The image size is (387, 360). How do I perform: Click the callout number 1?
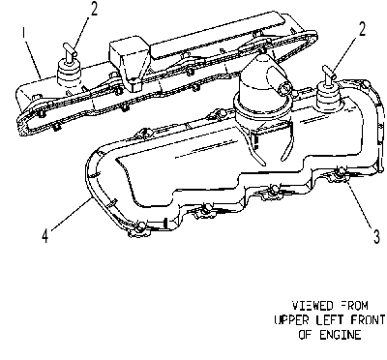[x=23, y=34]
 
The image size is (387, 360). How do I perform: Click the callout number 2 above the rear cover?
[x=94, y=9]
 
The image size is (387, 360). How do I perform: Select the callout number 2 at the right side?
[x=362, y=29]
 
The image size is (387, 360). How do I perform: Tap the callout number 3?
[x=376, y=236]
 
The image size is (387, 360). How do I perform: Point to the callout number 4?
[x=45, y=235]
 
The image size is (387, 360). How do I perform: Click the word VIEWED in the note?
[x=308, y=306]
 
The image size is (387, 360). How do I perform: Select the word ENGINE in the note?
[x=341, y=335]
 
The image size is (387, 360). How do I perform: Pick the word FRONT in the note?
[x=369, y=320]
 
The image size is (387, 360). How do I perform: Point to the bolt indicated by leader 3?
[x=339, y=173]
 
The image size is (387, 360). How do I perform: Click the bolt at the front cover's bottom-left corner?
[x=139, y=227]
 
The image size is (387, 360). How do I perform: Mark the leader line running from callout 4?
[x=70, y=215]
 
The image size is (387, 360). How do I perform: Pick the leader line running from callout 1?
[x=33, y=58]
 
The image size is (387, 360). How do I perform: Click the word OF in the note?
[x=305, y=335]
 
